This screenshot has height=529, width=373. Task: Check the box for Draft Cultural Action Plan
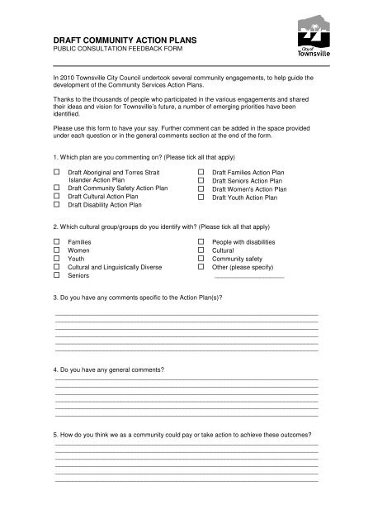57,198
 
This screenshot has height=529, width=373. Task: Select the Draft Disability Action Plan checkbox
57,207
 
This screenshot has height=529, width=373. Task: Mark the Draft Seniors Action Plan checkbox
201,180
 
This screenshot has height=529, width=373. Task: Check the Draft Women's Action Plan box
201,189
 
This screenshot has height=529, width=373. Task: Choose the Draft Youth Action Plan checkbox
201,198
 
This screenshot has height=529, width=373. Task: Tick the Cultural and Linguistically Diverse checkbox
57,267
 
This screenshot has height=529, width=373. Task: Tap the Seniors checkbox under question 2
57,276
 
